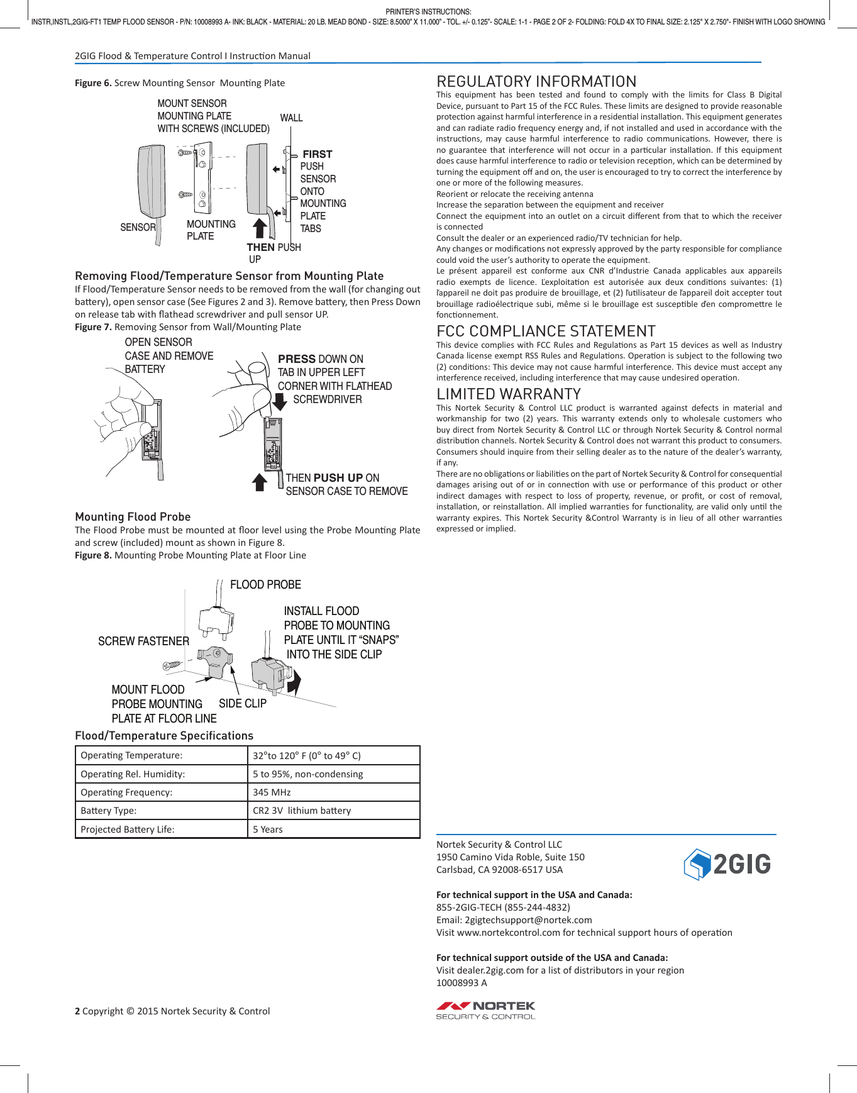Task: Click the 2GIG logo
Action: point(727,864)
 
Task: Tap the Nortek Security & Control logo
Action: point(485,1010)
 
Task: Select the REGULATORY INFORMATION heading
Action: point(536,82)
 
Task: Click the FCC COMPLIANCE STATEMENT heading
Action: point(546,331)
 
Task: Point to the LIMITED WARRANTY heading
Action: point(508,394)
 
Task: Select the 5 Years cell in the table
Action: point(268,829)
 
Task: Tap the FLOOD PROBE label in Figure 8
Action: point(265,585)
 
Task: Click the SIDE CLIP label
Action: point(243,704)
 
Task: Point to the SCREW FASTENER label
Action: point(143,641)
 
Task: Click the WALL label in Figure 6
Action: point(291,118)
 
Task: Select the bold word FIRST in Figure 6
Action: point(318,154)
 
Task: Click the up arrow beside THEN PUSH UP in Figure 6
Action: point(260,228)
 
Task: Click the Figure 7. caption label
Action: point(93,327)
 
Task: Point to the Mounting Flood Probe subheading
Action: point(133,517)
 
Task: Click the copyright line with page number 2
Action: point(172,1011)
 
